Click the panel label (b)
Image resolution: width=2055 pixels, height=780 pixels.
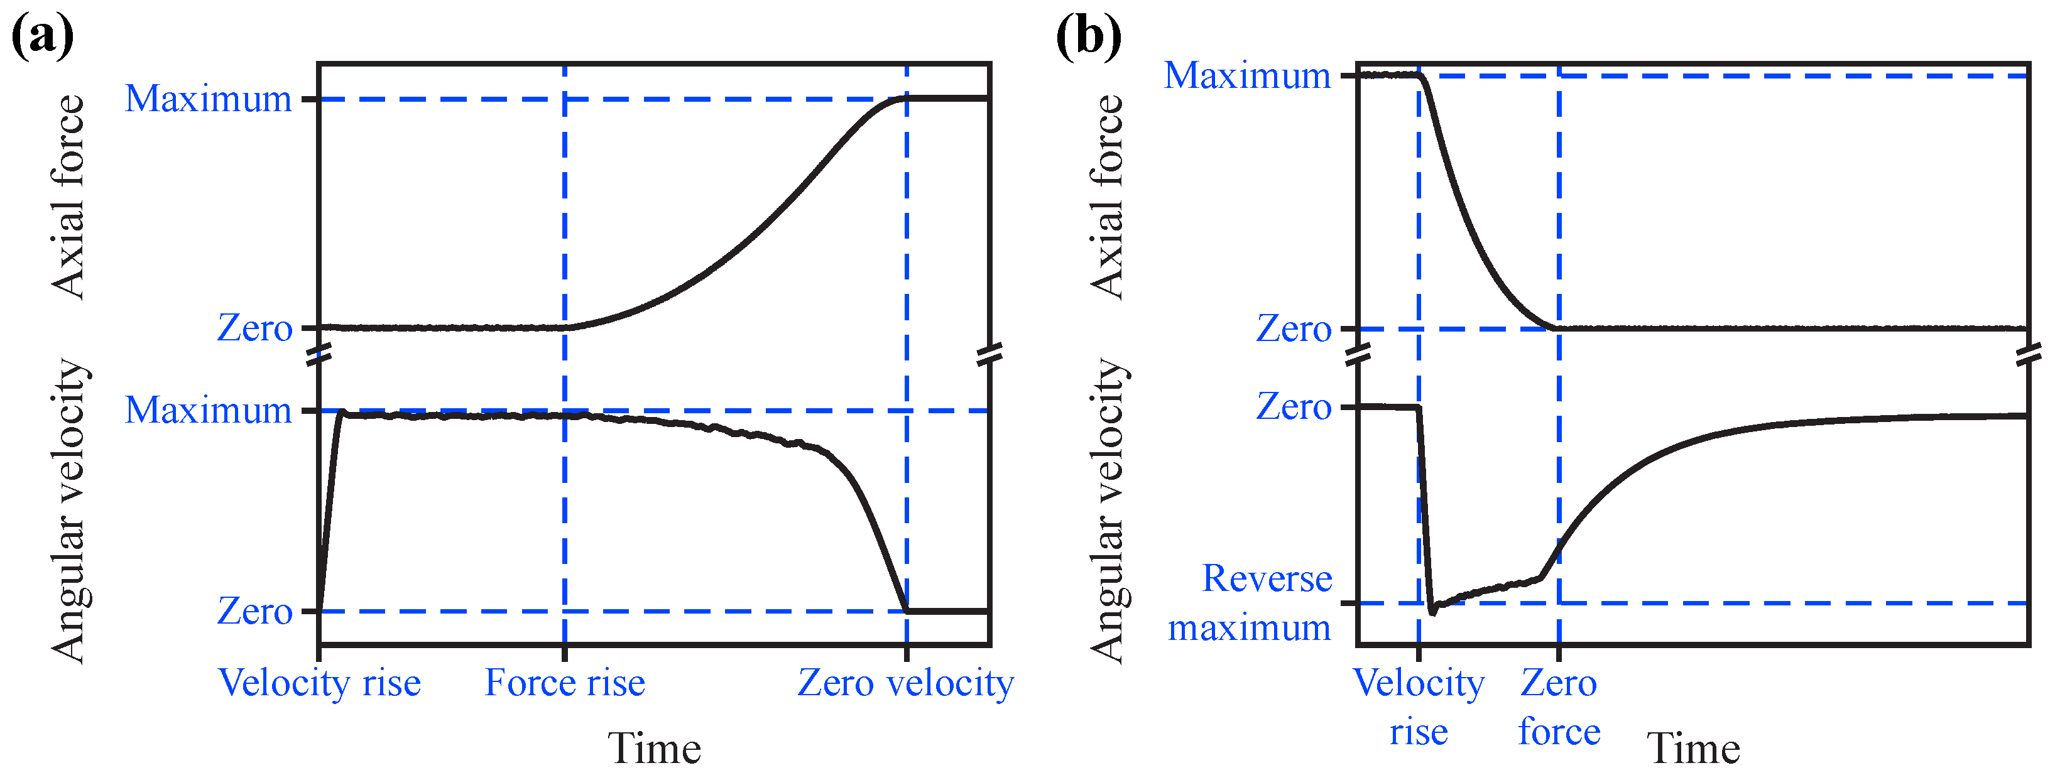(1088, 36)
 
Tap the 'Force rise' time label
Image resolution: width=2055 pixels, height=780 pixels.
(565, 683)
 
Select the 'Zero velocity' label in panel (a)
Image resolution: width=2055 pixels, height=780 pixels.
(905, 683)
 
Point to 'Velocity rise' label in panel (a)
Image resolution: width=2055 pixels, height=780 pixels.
(319, 683)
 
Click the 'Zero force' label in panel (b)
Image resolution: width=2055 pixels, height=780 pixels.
(1559, 707)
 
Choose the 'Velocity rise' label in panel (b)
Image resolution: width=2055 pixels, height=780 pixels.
(1419, 707)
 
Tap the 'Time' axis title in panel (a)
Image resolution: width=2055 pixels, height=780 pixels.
(654, 748)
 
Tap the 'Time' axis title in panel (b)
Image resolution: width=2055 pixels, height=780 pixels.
(1693, 748)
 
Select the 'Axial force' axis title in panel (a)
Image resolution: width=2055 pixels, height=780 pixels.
(68, 196)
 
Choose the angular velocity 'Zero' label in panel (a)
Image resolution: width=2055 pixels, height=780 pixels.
(254, 612)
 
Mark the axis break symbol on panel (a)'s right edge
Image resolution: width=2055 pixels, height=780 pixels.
(990, 354)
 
